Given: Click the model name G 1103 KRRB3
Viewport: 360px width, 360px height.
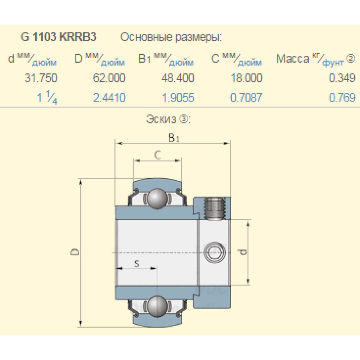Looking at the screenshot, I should coord(59,37).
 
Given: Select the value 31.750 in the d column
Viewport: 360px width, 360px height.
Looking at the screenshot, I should coord(41,78).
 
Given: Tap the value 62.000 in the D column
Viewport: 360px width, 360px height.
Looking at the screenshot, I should coord(109,78).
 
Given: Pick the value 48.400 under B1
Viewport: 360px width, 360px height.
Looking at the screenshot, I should coord(177,78).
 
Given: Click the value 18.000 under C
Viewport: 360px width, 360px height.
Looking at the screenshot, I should coord(247,78).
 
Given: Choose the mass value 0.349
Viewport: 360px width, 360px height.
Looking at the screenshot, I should coord(342,78).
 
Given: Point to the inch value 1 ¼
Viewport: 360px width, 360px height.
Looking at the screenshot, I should coord(47,98).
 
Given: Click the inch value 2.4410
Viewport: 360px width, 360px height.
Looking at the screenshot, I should coord(109,98).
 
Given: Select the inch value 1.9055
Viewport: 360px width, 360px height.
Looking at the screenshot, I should coord(178,98).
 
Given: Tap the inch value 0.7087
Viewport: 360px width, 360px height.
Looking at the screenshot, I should coord(247,98).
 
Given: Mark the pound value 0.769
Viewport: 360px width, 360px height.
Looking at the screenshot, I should coord(342,98).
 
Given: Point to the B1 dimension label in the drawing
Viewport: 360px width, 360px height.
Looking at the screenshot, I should coord(174,138).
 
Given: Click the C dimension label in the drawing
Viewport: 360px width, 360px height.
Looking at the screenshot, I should coord(157,155).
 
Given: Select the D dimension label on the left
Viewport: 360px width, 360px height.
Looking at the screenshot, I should coord(75,252).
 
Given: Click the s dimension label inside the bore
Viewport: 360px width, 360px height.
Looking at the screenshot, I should coord(136,264).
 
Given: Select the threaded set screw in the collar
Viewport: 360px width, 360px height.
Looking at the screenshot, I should coord(215,208).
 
